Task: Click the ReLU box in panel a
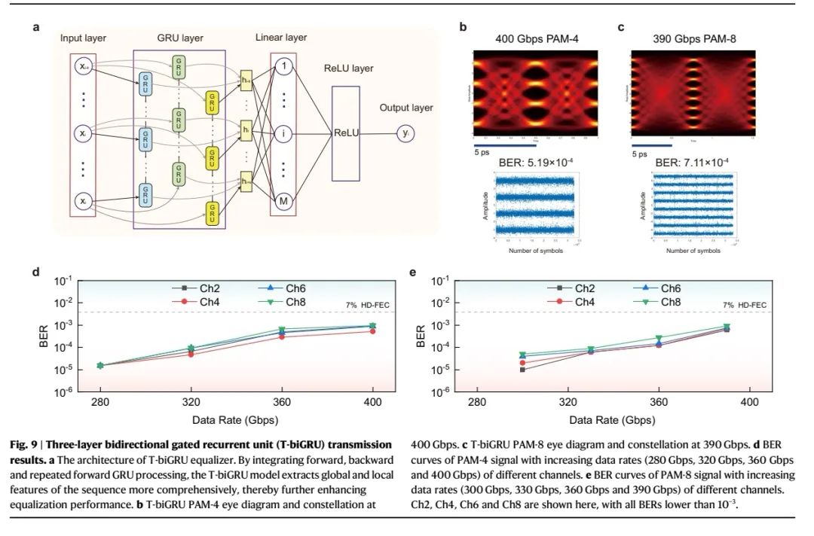346,132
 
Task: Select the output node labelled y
407,133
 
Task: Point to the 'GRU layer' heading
179,38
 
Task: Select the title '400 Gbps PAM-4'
531,38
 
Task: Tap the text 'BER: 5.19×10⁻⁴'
531,160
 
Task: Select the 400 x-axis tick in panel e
748,403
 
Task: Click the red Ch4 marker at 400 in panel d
372,331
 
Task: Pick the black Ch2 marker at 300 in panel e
522,370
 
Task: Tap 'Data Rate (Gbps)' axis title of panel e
612,419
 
